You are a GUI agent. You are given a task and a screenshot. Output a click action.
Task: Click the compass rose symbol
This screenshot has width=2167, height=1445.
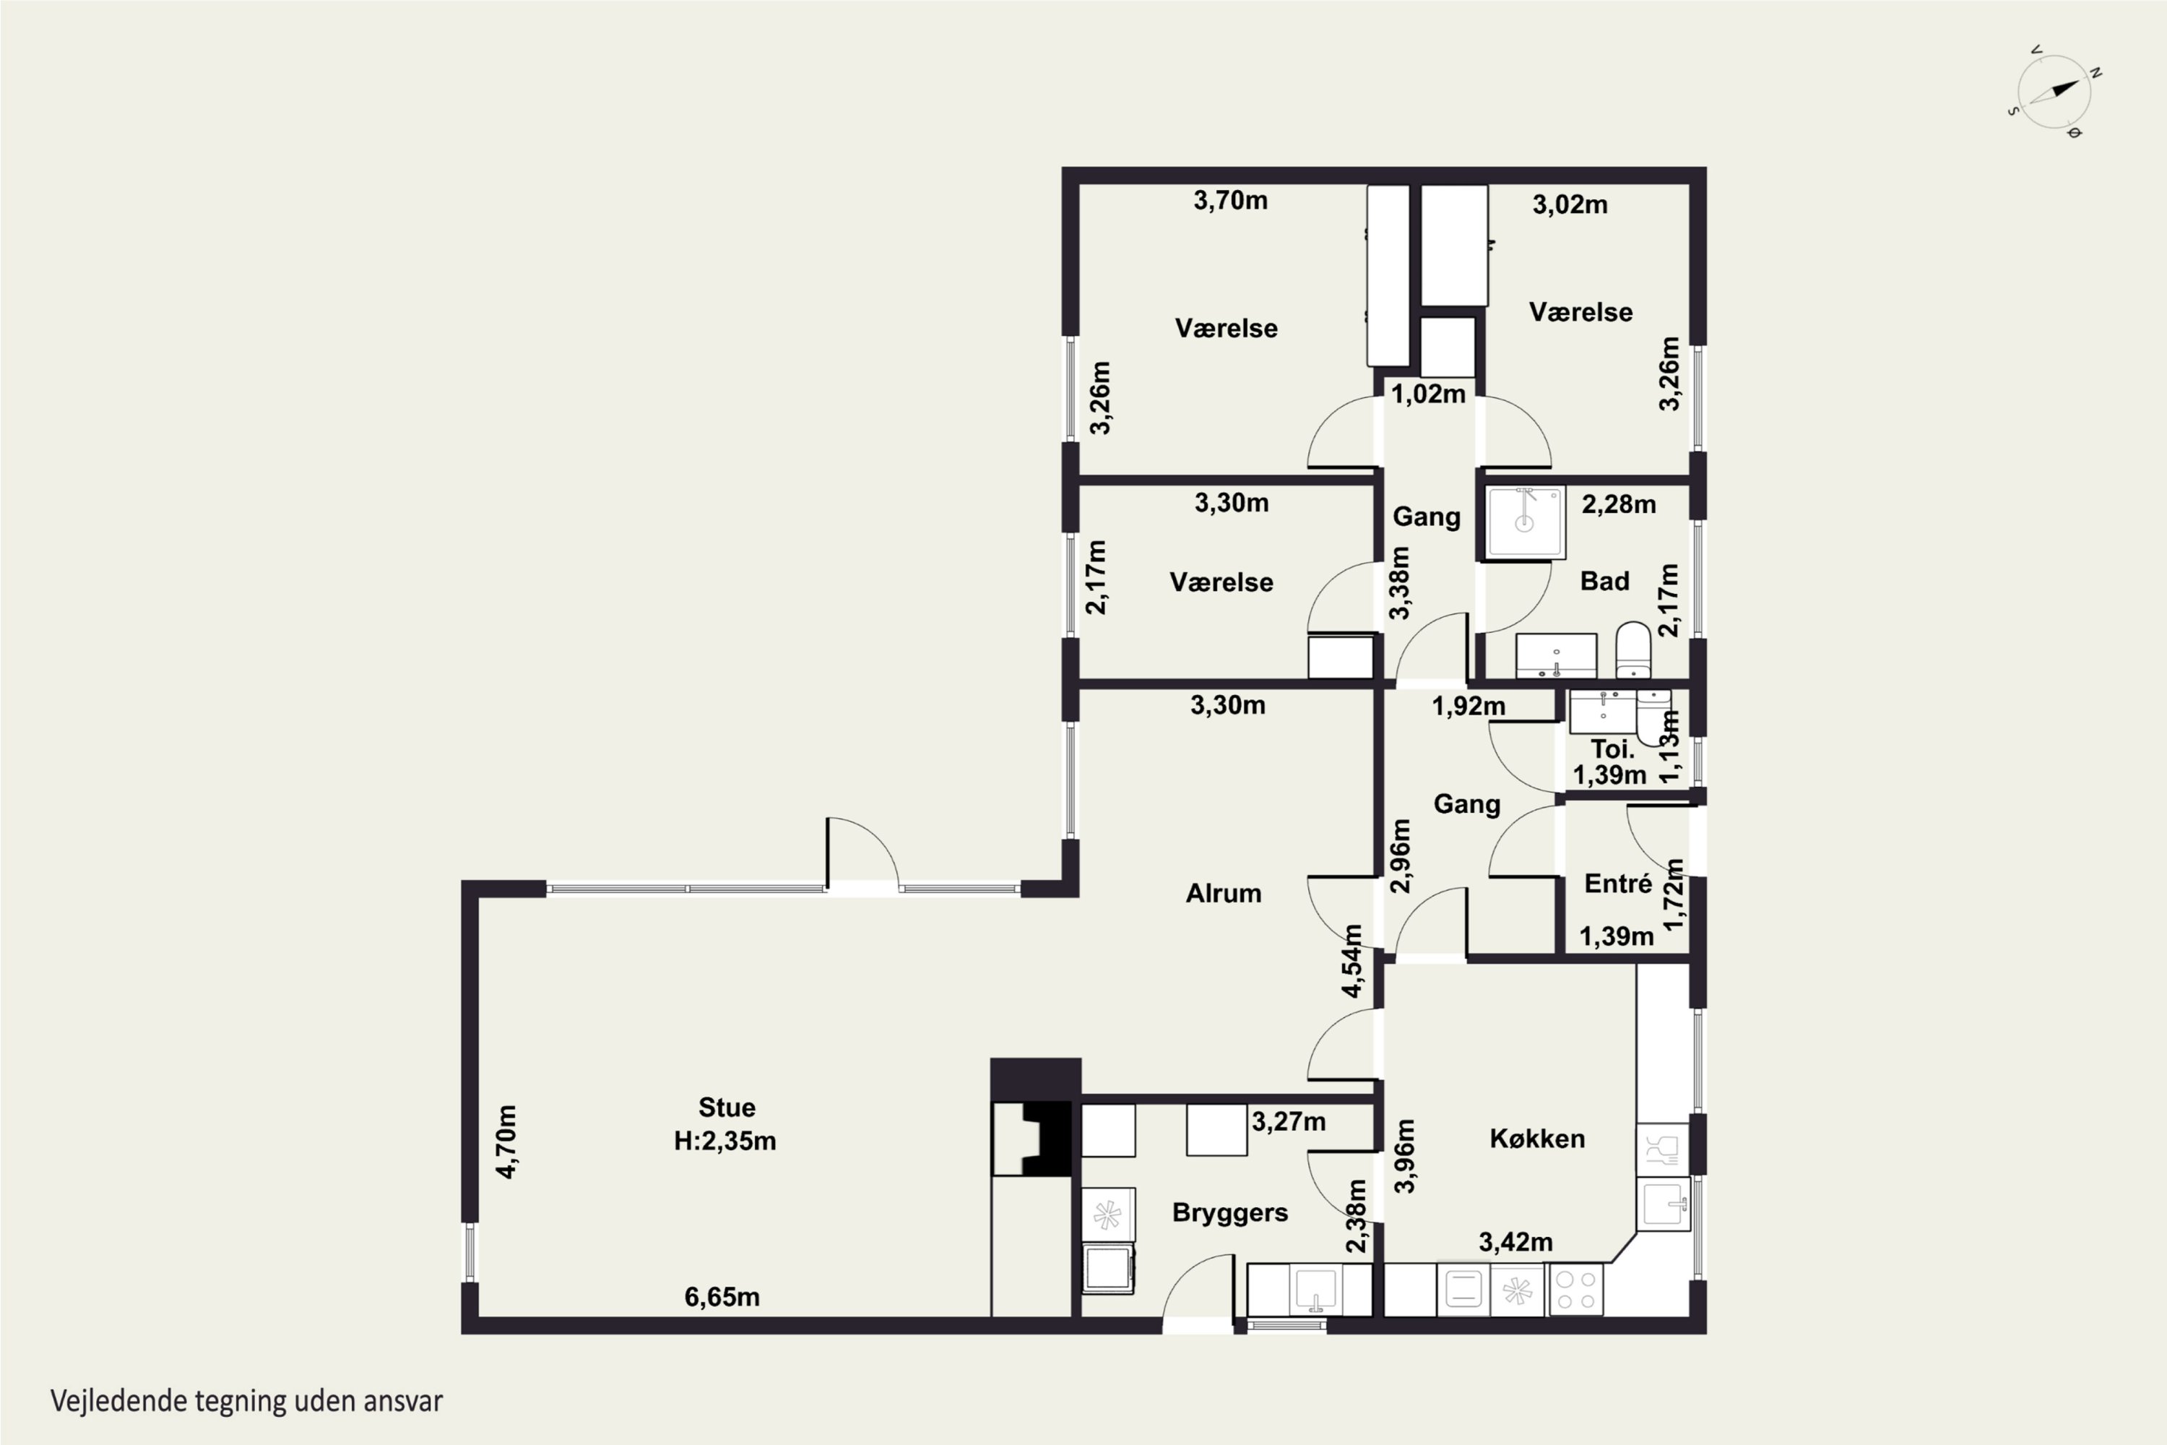click(x=2054, y=92)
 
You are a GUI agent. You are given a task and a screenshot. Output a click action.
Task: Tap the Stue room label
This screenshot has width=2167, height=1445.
click(x=727, y=1107)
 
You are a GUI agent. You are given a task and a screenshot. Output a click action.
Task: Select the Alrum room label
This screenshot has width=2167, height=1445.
click(x=1223, y=893)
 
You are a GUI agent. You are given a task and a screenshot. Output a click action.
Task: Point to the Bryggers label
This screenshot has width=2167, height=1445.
click(x=1230, y=1213)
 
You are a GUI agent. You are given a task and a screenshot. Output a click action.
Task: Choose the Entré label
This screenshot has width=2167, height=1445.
click(x=1618, y=884)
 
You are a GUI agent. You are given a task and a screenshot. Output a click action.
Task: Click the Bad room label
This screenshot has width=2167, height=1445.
click(x=1605, y=581)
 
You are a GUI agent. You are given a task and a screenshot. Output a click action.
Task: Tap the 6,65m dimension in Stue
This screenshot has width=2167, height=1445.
click(x=722, y=1298)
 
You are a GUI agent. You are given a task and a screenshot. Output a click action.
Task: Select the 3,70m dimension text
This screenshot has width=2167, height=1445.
click(x=1231, y=200)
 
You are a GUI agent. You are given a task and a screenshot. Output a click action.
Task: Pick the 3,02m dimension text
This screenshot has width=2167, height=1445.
click(x=1570, y=204)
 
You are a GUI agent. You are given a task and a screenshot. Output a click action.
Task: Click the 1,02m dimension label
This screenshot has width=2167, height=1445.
click(x=1428, y=394)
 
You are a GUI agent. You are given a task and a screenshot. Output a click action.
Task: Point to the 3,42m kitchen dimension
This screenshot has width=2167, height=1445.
click(x=1515, y=1242)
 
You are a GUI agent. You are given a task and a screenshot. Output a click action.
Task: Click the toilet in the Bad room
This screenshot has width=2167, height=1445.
click(x=1633, y=650)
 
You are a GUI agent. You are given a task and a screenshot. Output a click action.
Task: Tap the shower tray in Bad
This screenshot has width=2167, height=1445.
click(x=1526, y=522)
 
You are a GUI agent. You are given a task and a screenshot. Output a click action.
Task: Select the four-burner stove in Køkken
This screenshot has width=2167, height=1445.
click(x=1576, y=1289)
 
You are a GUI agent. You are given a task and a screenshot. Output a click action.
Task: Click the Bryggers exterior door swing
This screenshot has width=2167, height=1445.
click(x=1198, y=1288)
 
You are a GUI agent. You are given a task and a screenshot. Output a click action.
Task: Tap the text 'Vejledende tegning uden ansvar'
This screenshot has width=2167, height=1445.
click(x=247, y=1402)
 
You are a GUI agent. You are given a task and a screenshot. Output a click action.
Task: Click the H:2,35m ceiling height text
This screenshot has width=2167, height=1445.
click(x=725, y=1141)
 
